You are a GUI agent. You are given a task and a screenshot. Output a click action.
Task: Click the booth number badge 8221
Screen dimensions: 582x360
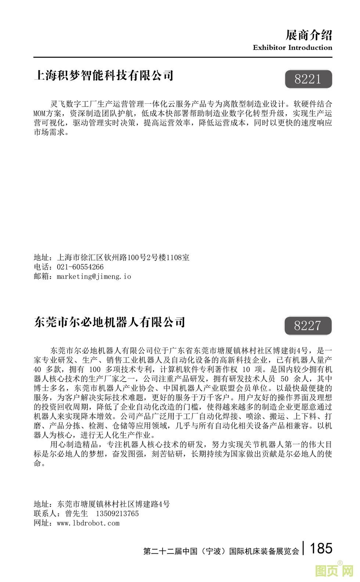click(308, 79)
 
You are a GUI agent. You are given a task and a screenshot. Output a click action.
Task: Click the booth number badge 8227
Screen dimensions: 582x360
click(307, 326)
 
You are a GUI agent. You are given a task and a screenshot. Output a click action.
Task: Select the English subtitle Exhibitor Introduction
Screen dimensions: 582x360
click(292, 47)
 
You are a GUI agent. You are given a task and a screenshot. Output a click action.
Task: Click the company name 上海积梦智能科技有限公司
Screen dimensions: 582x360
click(104, 75)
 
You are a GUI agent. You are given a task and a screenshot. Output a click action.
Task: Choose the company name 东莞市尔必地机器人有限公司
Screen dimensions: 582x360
click(109, 322)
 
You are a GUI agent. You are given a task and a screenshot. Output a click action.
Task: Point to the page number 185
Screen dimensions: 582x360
click(321, 548)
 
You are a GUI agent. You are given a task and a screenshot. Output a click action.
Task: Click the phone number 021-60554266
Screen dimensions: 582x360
click(80, 267)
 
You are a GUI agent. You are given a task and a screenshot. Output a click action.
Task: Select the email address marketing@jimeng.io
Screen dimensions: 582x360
click(94, 276)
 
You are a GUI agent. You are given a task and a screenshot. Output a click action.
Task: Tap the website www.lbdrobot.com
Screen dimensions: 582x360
click(88, 523)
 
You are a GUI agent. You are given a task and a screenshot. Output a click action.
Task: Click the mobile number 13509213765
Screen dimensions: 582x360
click(117, 514)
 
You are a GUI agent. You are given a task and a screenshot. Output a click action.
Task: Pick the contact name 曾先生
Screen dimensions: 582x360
click(76, 514)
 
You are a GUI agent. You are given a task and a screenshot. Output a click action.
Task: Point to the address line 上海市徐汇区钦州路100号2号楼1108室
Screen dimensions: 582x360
click(123, 257)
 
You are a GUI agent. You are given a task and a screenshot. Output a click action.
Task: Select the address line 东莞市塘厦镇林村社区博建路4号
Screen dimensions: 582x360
click(114, 504)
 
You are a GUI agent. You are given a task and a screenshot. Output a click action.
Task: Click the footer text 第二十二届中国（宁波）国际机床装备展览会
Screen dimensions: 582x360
click(221, 551)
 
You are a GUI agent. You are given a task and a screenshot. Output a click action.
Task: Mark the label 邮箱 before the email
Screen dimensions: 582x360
click(41, 276)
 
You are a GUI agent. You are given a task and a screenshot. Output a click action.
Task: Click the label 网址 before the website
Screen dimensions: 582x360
click(41, 523)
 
